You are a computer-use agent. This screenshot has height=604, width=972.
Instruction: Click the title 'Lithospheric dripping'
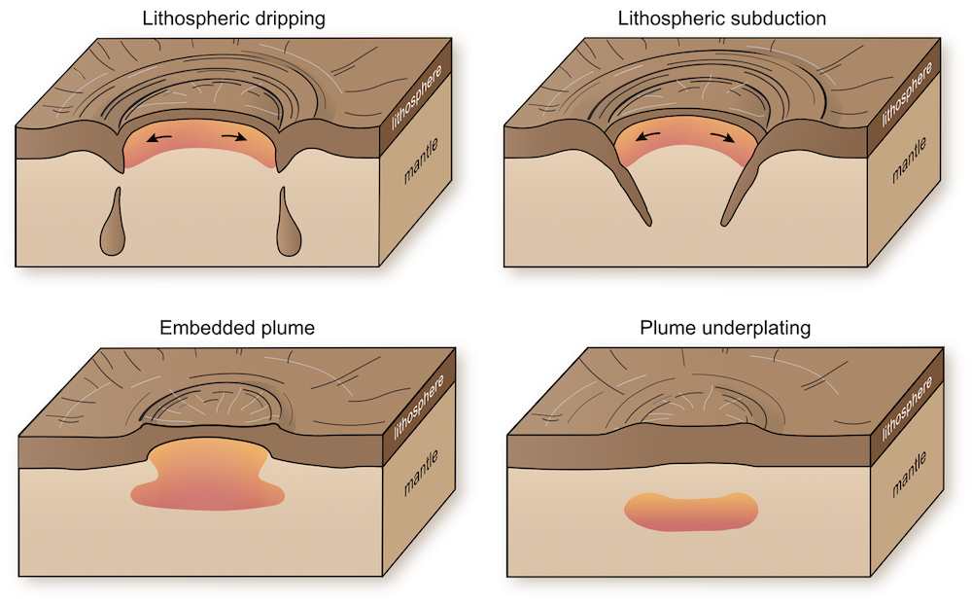(x=233, y=18)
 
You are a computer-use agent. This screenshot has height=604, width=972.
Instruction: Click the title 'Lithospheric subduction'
(x=721, y=18)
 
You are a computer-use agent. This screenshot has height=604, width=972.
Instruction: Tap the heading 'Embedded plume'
(x=237, y=328)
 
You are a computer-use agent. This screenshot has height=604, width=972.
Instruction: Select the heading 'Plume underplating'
(x=725, y=328)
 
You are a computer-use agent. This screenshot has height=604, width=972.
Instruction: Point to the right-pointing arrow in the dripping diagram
(x=233, y=136)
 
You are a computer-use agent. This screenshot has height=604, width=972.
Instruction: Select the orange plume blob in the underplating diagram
(x=690, y=513)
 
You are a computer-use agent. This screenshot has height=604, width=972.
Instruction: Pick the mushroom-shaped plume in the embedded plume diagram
(x=208, y=478)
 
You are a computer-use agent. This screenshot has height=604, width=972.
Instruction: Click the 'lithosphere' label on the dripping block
(x=417, y=97)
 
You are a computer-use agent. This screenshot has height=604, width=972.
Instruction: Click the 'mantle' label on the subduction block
(x=910, y=160)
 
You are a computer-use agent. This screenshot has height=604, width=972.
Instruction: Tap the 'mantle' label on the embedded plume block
(x=421, y=473)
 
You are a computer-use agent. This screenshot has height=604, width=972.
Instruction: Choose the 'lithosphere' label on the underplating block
(x=906, y=409)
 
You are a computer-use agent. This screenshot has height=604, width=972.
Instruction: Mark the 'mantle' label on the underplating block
(x=910, y=475)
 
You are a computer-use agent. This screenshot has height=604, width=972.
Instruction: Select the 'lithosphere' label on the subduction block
(x=906, y=95)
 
